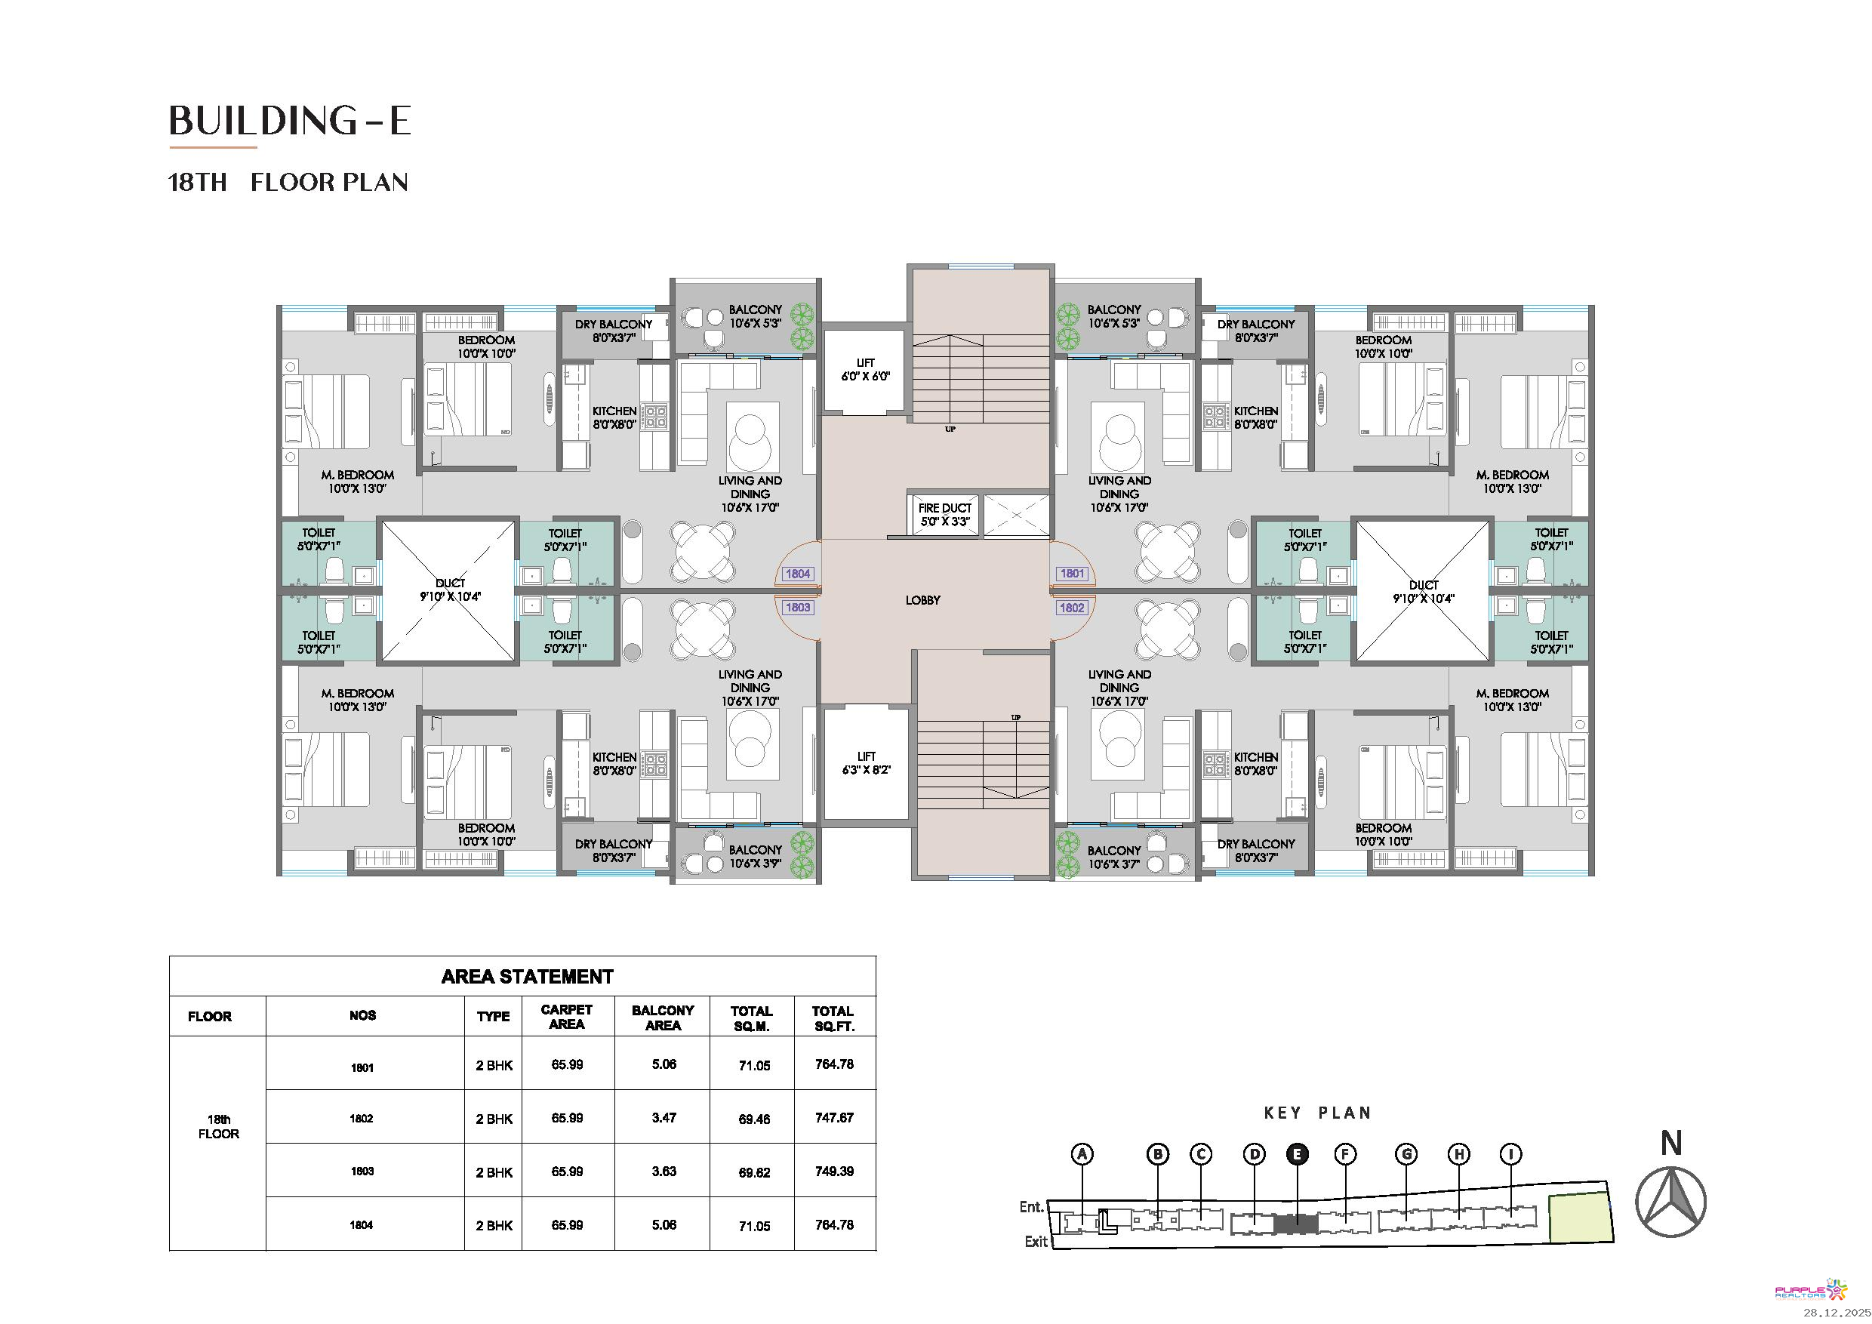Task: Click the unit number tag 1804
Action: click(797, 574)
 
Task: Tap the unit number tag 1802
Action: click(1072, 608)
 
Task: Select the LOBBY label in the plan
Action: click(923, 600)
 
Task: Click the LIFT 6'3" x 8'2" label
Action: click(866, 763)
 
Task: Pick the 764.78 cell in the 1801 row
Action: click(834, 1064)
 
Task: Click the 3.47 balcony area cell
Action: click(664, 1118)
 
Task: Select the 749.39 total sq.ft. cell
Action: click(834, 1172)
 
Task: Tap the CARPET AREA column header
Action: click(567, 1017)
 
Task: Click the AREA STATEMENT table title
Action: click(527, 977)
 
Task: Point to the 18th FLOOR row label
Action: click(218, 1127)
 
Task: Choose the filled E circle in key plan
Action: click(1296, 1154)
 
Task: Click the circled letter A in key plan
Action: click(1082, 1154)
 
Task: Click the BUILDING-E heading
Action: click(289, 121)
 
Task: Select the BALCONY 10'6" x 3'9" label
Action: click(755, 857)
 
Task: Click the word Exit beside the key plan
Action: click(1036, 1242)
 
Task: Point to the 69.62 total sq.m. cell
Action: click(754, 1172)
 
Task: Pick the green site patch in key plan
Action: click(1580, 1218)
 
